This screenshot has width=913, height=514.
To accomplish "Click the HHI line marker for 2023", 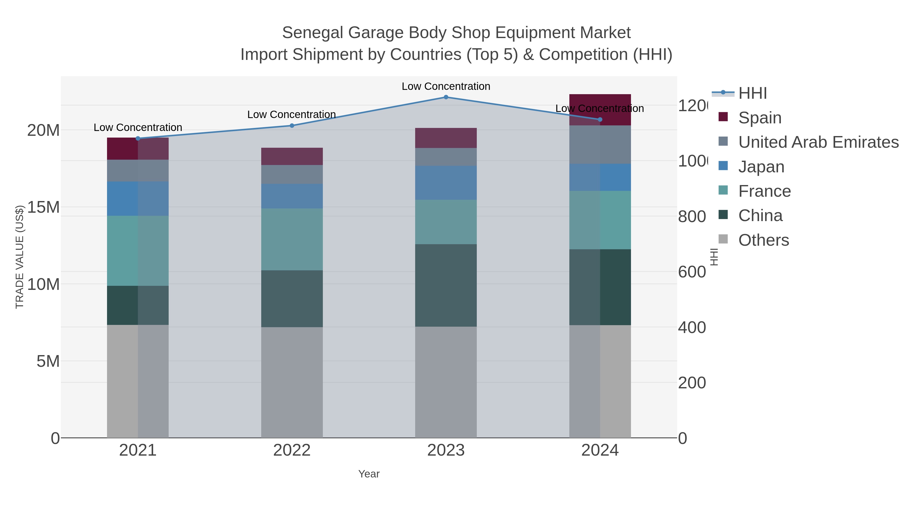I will [x=446, y=97].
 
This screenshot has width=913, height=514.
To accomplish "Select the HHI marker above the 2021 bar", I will [x=138, y=138].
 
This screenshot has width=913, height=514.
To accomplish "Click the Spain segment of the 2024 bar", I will [x=600, y=110].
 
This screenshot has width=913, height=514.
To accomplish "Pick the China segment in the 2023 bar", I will [x=446, y=285].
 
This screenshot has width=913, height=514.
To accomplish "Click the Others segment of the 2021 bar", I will [x=138, y=381].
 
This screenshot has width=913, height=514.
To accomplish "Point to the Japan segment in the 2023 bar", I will [x=446, y=183].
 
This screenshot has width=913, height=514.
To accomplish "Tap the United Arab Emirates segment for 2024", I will [x=600, y=144].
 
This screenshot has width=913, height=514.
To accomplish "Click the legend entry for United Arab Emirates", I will [x=818, y=142].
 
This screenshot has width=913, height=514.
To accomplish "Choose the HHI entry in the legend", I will [x=752, y=93].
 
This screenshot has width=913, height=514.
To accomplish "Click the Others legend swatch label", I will [x=763, y=240].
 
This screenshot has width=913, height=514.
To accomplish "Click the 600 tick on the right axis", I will [x=692, y=272].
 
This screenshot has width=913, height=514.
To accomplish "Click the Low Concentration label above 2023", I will [x=446, y=86].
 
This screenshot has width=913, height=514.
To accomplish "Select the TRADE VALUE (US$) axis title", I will [x=20, y=257].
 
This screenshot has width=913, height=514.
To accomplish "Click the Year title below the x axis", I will [x=368, y=474].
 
